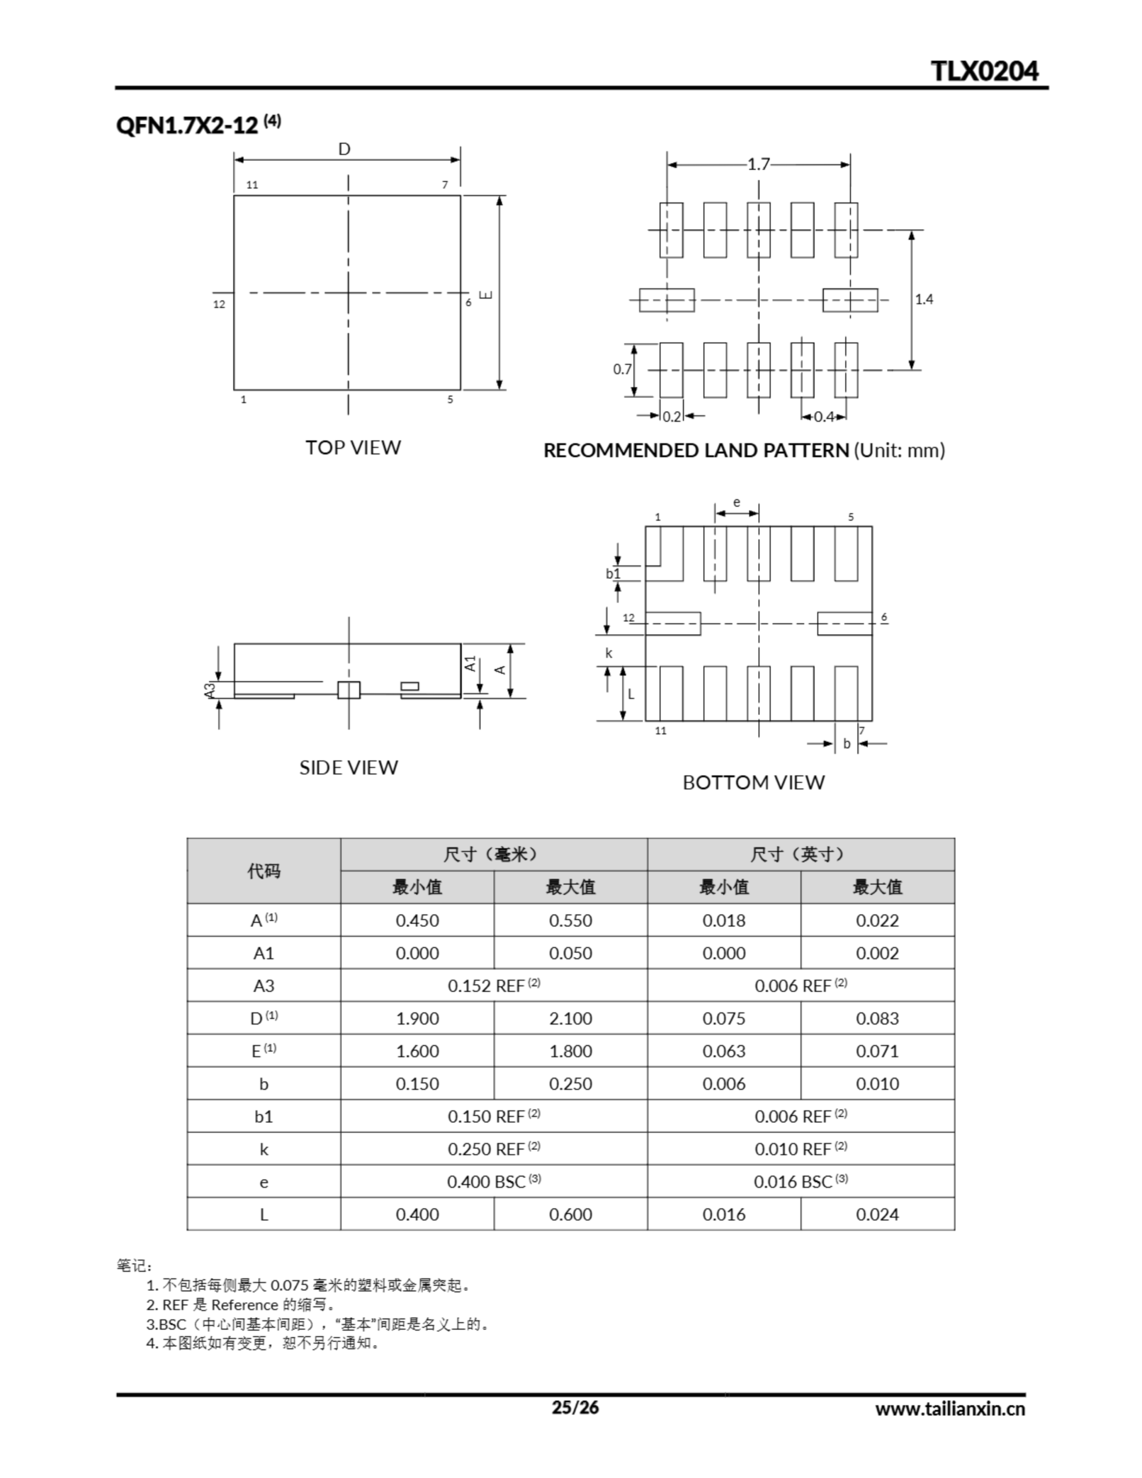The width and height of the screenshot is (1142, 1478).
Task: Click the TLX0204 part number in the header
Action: point(984,70)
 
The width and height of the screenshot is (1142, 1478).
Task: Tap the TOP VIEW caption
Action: point(353,447)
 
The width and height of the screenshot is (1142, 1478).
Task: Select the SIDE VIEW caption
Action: point(349,767)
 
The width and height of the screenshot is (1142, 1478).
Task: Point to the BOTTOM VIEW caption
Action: point(753,782)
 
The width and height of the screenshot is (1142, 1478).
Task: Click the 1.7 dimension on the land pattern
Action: point(758,165)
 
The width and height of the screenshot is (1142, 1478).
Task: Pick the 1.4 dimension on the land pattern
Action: point(923,299)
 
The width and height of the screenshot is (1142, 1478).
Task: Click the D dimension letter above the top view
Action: point(344,150)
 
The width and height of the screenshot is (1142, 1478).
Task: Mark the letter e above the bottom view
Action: point(737,502)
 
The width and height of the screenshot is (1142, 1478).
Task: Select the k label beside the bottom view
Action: point(609,653)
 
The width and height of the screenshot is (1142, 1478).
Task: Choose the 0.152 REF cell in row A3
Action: point(494,986)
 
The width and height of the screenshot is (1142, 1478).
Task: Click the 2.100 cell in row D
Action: point(570,1018)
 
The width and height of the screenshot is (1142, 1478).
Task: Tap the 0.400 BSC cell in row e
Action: point(494,1182)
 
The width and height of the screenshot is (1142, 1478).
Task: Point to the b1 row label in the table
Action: point(263,1117)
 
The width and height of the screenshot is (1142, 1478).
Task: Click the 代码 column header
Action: point(263,871)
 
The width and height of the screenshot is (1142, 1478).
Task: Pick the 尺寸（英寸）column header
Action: point(800,854)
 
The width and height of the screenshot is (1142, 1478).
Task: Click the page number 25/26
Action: point(574,1408)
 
